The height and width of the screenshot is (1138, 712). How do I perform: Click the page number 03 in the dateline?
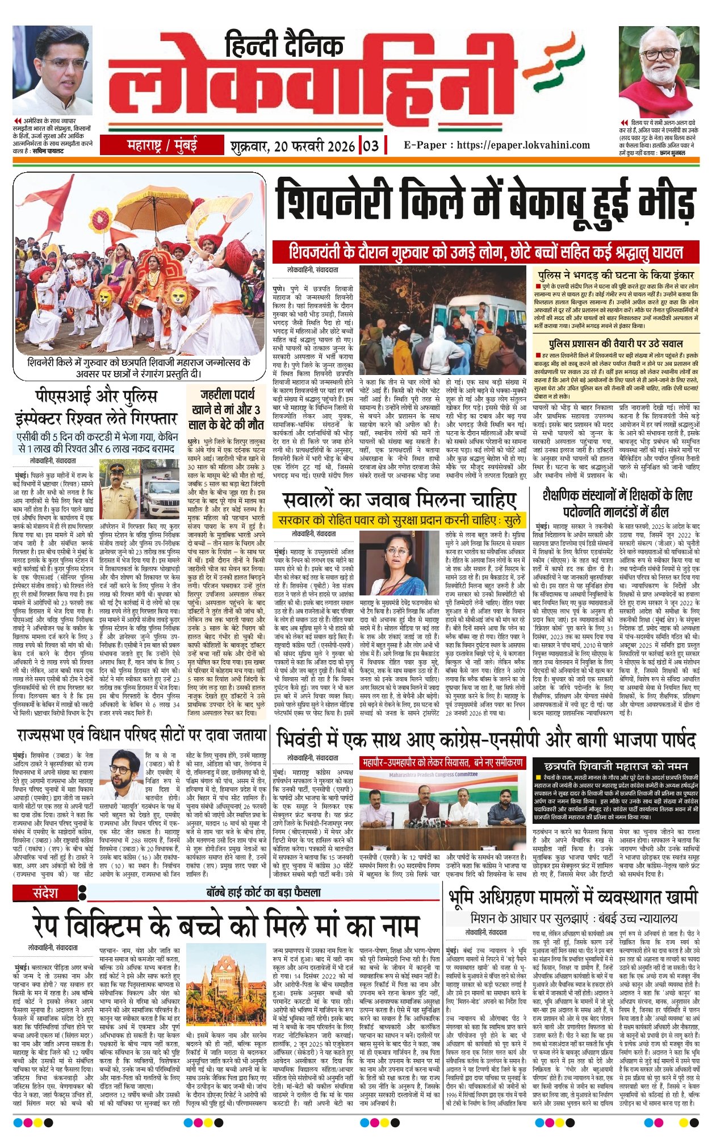tap(370, 146)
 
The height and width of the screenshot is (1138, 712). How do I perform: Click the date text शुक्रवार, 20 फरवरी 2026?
tap(292, 146)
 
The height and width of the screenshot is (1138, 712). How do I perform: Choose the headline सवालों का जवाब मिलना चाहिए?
tap(400, 500)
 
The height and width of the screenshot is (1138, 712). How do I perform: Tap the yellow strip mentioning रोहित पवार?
tap(400, 520)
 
